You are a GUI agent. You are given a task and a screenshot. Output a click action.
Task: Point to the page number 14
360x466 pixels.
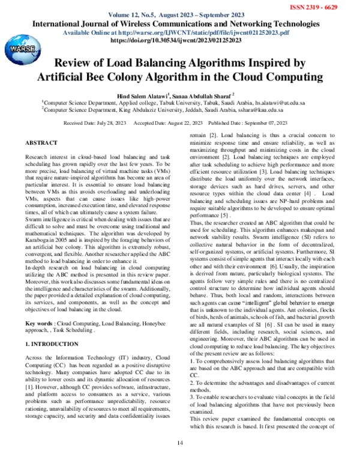(179, 443)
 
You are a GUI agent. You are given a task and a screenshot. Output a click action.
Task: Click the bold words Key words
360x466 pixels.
(39, 323)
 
